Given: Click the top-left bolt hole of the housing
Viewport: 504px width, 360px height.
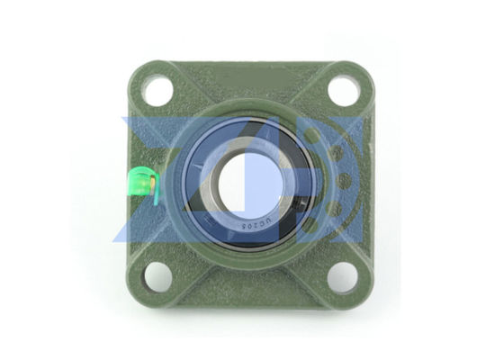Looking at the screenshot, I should [x=157, y=90].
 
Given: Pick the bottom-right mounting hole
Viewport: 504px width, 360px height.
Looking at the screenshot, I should [x=343, y=274].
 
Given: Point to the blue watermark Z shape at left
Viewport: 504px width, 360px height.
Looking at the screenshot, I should [x=162, y=180].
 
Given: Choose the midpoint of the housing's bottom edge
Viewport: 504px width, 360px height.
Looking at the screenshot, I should [x=250, y=301].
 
